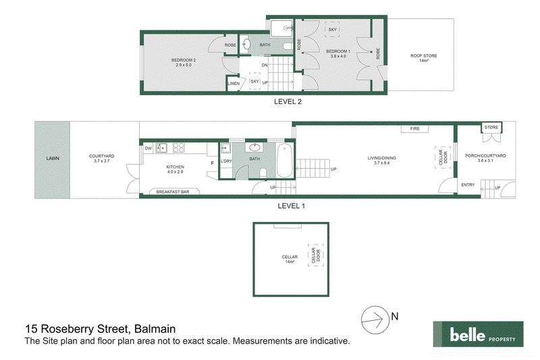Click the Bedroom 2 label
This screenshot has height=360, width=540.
coord(184,62)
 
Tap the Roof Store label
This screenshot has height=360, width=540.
coord(424,58)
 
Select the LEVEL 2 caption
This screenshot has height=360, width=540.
coord(288,101)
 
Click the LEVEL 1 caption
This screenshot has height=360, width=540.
coord(292,206)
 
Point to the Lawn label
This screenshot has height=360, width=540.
coord(53,159)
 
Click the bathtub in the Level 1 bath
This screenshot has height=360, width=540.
coord(284,161)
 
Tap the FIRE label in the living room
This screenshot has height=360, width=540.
coord(414,129)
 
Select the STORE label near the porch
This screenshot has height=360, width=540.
coord(491,128)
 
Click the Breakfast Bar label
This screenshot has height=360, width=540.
coord(173,192)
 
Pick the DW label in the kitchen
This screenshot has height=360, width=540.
coord(148,149)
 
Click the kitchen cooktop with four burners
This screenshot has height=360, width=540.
coord(179,148)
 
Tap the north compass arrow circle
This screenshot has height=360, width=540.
coord(375,319)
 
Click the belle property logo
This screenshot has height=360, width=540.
coord(478,334)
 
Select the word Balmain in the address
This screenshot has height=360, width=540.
coord(155,329)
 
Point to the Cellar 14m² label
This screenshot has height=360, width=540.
coord(290,259)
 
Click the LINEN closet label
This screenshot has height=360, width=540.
coord(234,84)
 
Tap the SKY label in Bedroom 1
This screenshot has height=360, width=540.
coord(332,30)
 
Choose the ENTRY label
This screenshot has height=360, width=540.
coord(468,185)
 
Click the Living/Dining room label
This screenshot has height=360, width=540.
coord(381,161)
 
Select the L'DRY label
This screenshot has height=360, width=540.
coord(226,161)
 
